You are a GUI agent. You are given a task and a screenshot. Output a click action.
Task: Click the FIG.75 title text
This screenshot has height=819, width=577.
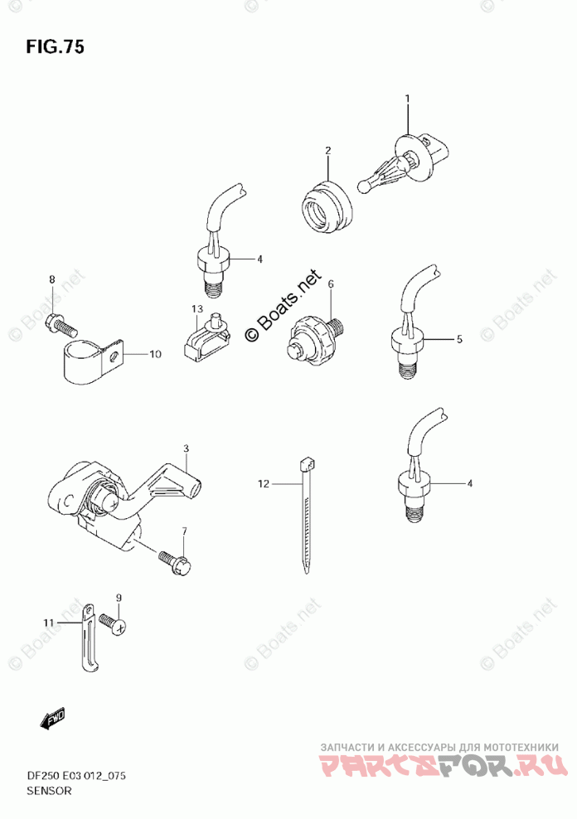pos(54,46)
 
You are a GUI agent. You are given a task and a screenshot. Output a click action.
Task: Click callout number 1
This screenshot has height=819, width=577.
pos(407,99)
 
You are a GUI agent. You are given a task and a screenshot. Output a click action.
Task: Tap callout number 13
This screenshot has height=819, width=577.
pos(196,309)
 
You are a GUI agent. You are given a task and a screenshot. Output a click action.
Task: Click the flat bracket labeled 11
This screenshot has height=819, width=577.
pos(85,637)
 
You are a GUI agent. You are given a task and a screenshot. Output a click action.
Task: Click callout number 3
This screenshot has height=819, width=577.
pos(187,448)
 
